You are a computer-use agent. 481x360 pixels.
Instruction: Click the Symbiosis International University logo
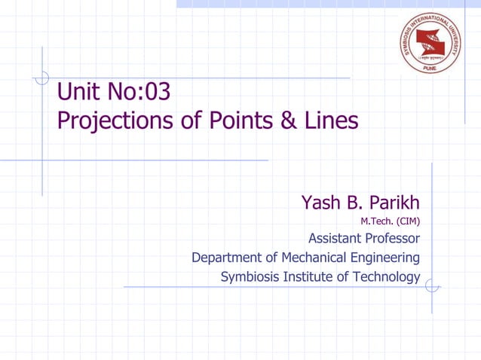pos(431,43)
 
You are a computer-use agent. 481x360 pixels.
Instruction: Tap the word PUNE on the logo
pos(431,66)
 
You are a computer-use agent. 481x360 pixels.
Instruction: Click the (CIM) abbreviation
pos(408,221)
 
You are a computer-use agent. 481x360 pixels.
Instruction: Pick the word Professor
pos(393,239)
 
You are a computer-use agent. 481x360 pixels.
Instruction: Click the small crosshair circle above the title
pos(42,77)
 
